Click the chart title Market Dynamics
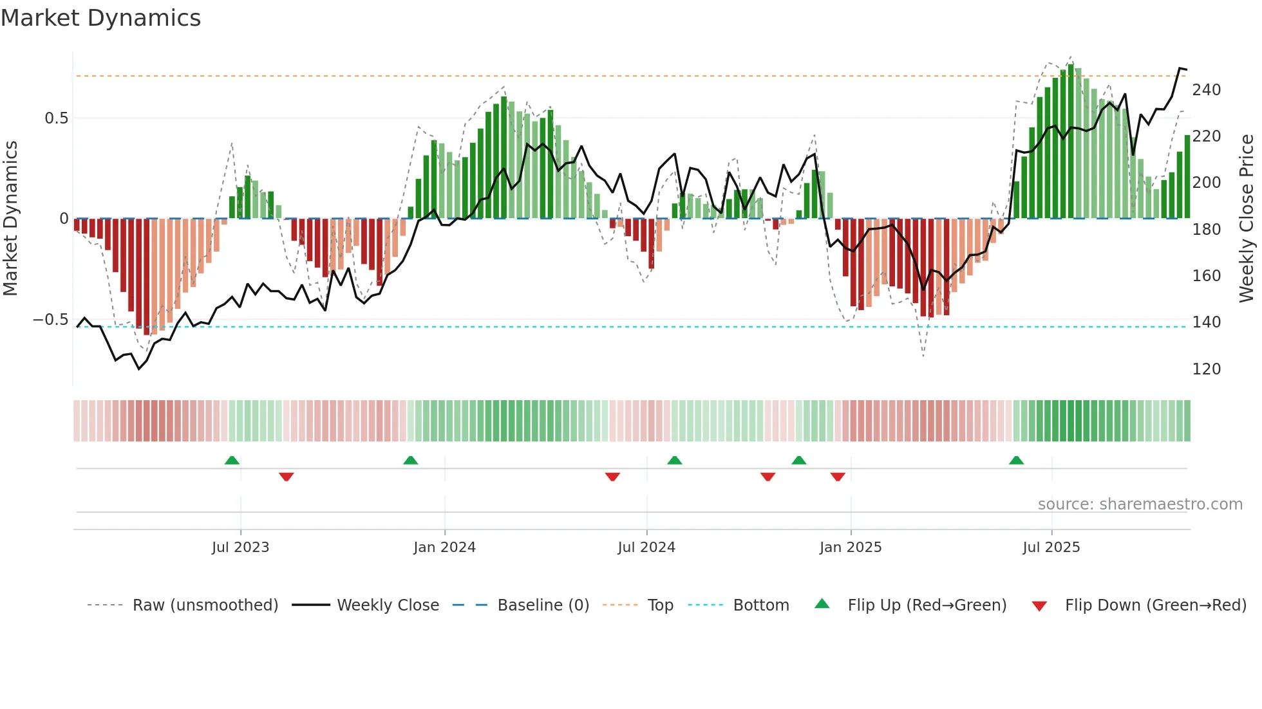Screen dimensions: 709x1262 point(101,18)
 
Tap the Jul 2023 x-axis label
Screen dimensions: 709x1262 point(240,548)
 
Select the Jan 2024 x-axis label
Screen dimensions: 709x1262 point(444,548)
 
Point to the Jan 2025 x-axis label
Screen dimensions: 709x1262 point(850,548)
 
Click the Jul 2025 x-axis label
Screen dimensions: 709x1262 point(1051,548)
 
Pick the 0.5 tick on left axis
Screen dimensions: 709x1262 point(56,118)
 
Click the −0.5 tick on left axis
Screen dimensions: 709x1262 point(51,320)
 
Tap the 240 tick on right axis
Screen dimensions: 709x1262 point(1206,90)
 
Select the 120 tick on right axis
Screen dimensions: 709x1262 point(1206,369)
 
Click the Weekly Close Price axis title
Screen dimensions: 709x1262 point(1247,219)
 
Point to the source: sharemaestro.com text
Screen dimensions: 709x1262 point(1140,504)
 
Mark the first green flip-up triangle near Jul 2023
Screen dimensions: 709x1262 point(232,460)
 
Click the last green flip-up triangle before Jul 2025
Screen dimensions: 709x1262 point(1016,460)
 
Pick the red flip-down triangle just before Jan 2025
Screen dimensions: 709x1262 point(837,477)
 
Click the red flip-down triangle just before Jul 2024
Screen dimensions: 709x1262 point(612,477)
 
